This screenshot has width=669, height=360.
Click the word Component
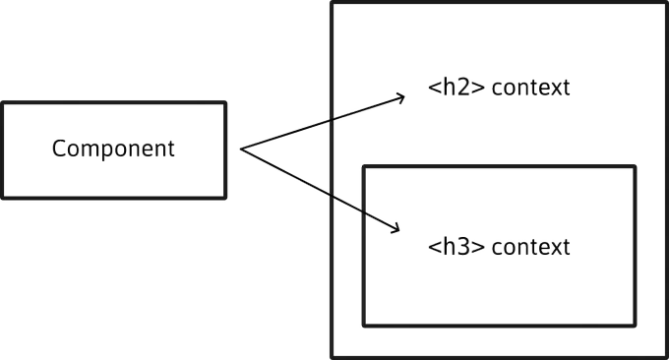pos(113,150)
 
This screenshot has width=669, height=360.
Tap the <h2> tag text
pos(456,87)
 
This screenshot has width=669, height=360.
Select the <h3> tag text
pos(456,247)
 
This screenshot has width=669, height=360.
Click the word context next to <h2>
pos(530,88)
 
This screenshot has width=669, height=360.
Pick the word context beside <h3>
pos(530,248)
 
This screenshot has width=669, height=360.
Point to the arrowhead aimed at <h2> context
pos(401,97)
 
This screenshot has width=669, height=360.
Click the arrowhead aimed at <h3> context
pos(396,229)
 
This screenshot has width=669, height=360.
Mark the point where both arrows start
pos(241,149)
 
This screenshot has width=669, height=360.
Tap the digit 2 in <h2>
pos(466,88)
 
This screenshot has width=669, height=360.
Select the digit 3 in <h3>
pos(466,247)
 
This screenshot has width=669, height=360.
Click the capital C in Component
pos(58,149)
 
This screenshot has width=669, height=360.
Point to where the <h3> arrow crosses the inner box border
pos(363,212)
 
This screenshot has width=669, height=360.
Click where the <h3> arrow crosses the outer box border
pos(332,196)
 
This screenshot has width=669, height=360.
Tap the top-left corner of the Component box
pos(3,103)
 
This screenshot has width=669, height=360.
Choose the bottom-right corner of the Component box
pos(225,198)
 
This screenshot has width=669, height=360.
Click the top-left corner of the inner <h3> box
pos(363,166)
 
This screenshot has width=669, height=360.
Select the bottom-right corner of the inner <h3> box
pos(636,326)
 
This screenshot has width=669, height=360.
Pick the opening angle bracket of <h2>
pos(434,88)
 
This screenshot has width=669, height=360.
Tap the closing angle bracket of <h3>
pos(479,248)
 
